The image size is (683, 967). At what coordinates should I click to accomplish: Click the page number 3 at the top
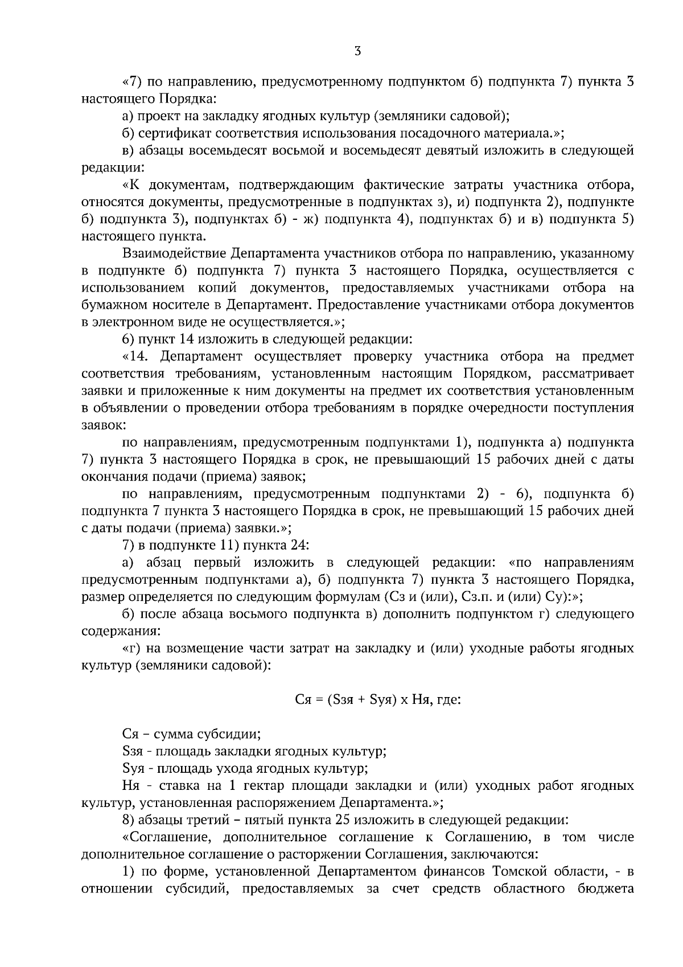click(x=357, y=51)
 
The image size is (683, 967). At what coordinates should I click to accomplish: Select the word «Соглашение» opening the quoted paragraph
click(x=168, y=837)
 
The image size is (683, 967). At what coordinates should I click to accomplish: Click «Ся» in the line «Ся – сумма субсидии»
click(x=131, y=734)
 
